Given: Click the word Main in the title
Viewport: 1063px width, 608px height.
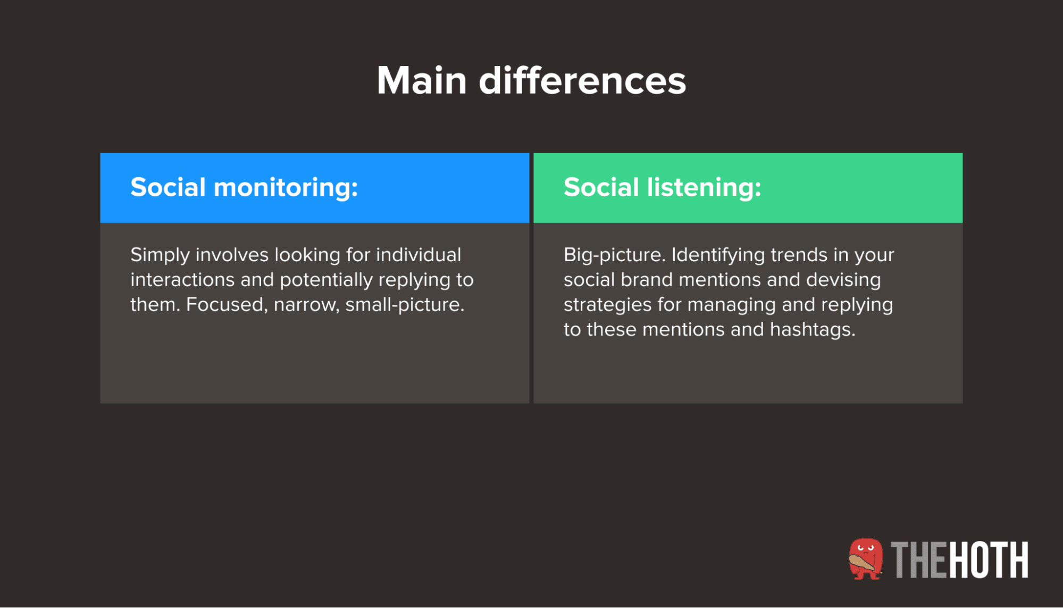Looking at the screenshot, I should point(422,81).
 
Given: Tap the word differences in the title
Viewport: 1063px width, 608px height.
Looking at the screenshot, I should point(582,81).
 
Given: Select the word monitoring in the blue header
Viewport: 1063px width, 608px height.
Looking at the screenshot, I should point(286,188).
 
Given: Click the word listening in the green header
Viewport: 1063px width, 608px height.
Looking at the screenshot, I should point(704,188).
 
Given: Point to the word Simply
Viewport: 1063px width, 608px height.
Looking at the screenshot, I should point(160,255).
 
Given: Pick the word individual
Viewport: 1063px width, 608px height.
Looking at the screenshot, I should point(418,255).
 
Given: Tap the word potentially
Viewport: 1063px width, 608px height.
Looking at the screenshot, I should point(327,280).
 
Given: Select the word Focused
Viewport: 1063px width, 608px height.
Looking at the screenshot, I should point(227,305).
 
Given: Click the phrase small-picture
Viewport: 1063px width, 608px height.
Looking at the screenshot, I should point(405,305).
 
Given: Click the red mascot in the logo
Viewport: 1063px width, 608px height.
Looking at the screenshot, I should point(865,559).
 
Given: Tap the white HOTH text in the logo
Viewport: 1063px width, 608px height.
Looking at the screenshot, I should point(989,560).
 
